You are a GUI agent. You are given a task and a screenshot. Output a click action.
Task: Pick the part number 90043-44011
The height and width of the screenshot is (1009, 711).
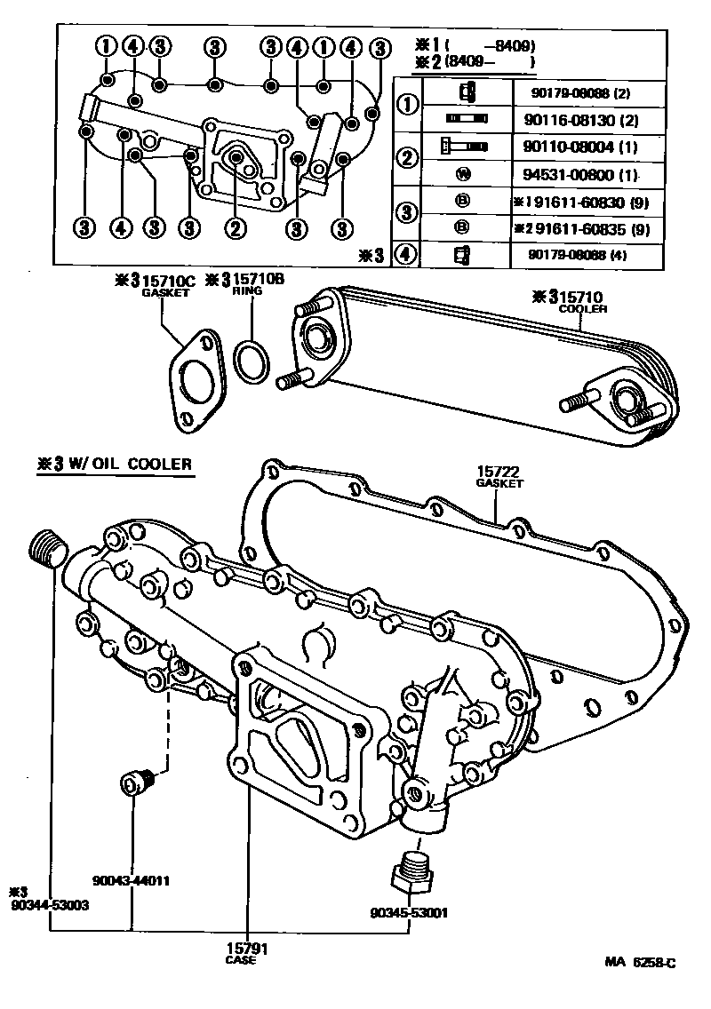131,881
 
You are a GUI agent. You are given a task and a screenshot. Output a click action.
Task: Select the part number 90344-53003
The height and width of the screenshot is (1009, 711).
49,903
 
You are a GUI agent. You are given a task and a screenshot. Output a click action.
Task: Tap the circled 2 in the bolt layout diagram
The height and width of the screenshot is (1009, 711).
235,228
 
